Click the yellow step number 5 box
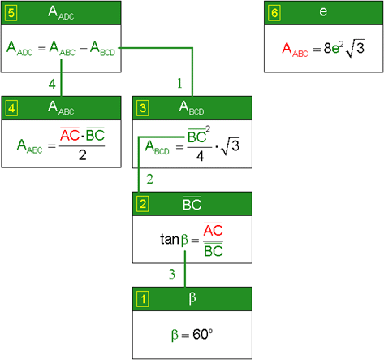tap(11, 13)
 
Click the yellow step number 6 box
tap(274, 13)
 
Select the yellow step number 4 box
tap(11, 108)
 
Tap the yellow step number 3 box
tap(143, 108)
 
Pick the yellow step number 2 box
tap(143, 204)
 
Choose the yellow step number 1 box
tap(143, 299)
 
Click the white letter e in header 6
tap(323, 12)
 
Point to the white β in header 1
tap(192, 298)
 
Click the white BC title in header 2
tap(192, 203)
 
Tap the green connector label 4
tap(52, 84)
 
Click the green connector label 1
tap(179, 83)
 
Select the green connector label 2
tap(149, 179)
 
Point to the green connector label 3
tap(172, 275)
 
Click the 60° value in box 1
tap(202, 334)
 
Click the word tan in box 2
tap(170, 239)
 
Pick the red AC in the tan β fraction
tap(214, 230)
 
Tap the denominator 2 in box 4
tap(83, 155)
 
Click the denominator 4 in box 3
tap(200, 156)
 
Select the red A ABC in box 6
tap(295, 50)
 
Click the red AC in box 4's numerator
tap(70, 134)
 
